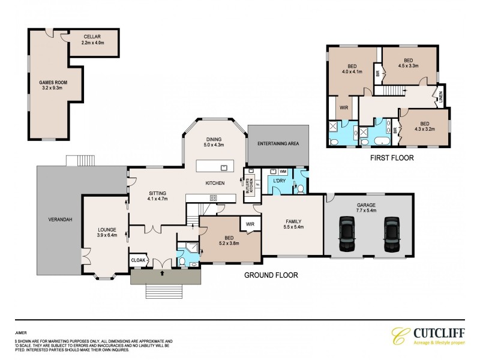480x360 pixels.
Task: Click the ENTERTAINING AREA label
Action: coord(278,144)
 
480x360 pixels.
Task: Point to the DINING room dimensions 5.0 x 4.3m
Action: coord(214,145)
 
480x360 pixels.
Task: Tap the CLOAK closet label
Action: coord(138,260)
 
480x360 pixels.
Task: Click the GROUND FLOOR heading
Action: coord(270,276)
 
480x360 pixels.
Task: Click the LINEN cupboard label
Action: coord(440,97)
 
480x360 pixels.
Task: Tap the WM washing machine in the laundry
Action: coord(283,172)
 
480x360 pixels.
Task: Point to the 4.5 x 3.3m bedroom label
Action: coord(408,67)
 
